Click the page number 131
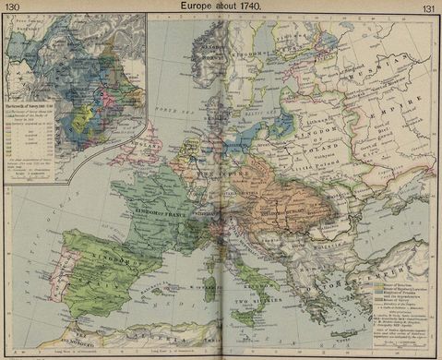(x=429, y=7)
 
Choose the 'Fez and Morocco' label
(x=74, y=345)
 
